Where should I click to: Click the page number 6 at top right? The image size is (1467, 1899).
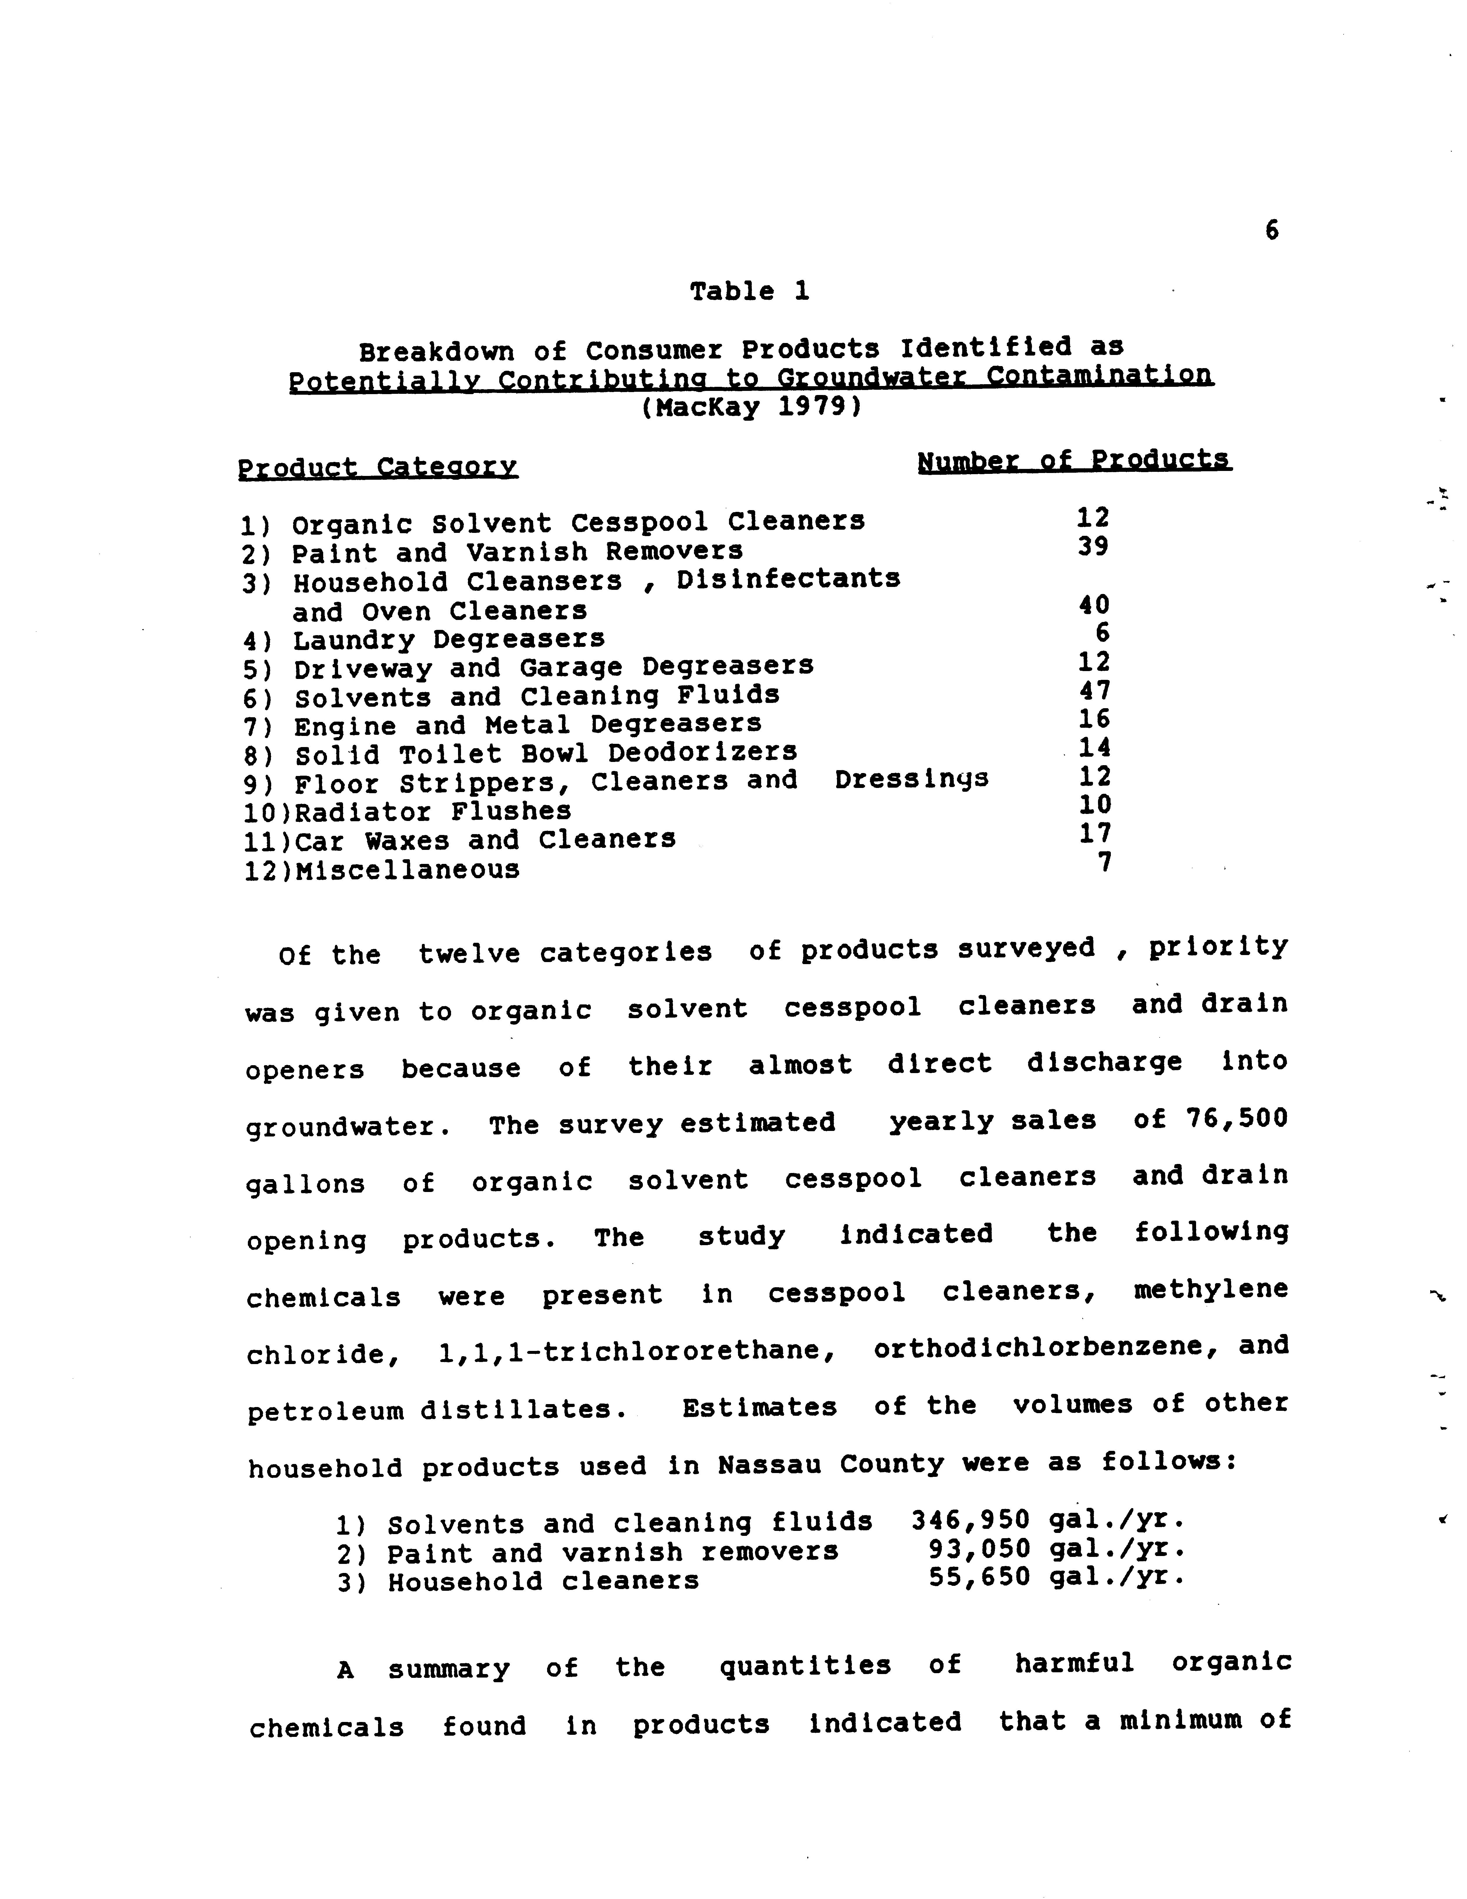1271,231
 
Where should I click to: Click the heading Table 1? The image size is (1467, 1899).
749,291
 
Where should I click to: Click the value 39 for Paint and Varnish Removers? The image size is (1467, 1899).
1092,547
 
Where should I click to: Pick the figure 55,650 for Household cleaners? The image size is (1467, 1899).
979,1577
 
